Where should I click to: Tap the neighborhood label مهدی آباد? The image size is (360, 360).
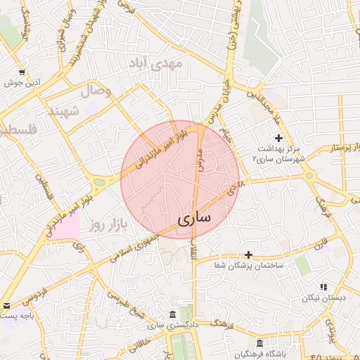155,65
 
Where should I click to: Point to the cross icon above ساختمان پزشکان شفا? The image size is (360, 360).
247,254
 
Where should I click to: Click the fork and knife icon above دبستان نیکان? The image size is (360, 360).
323,287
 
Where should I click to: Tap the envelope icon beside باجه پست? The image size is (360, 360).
6,306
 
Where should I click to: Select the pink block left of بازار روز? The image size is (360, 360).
63,228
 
